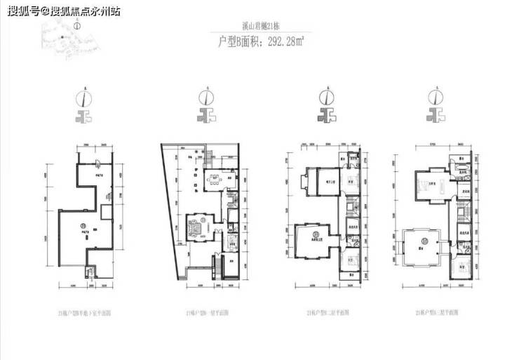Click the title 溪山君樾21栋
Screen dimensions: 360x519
pyautogui.click(x=260, y=27)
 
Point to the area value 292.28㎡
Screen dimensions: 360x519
pyautogui.click(x=284, y=42)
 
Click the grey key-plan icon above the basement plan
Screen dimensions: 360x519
pyautogui.click(x=85, y=116)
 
